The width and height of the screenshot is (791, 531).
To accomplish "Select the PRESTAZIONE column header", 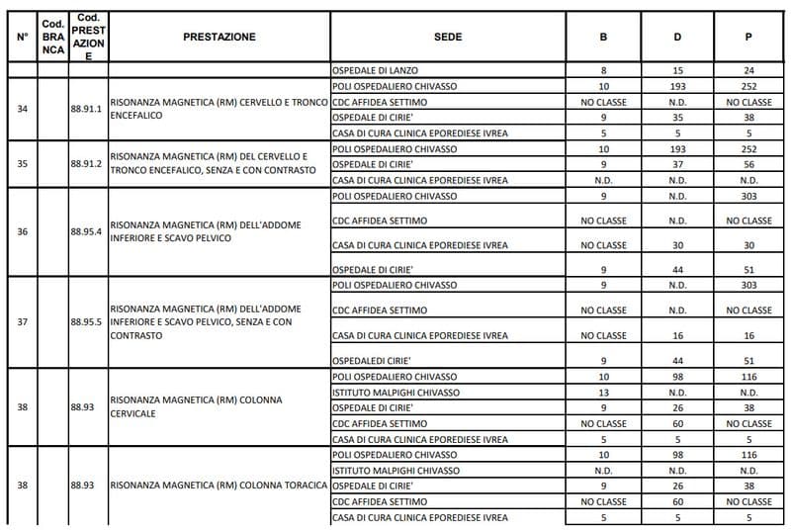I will pos(219,38).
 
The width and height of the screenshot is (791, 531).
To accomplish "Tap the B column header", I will pos(603,38).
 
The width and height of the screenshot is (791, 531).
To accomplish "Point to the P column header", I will pos(748,38).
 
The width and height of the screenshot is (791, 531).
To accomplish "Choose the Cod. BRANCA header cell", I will pos(52,38).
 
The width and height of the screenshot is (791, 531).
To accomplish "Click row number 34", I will pos(23,109).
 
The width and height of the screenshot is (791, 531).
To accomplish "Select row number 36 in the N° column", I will pos(23,232).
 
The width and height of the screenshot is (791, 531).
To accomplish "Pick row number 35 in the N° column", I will pos(23,164).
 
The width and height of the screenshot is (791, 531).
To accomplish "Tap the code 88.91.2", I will pos(87,164).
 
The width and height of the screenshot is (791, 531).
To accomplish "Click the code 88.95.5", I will pos(87,322).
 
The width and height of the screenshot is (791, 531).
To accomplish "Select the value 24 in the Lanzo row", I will pos(748,71).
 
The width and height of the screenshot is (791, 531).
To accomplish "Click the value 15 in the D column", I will pos(677,71).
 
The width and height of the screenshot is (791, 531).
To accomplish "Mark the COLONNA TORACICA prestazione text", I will pos(219,486).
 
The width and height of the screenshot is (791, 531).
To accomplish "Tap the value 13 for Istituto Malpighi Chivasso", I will pos(603,393).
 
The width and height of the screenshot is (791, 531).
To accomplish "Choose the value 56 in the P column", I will pos(748,164).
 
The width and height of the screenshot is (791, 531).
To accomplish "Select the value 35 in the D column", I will pos(677,117).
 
